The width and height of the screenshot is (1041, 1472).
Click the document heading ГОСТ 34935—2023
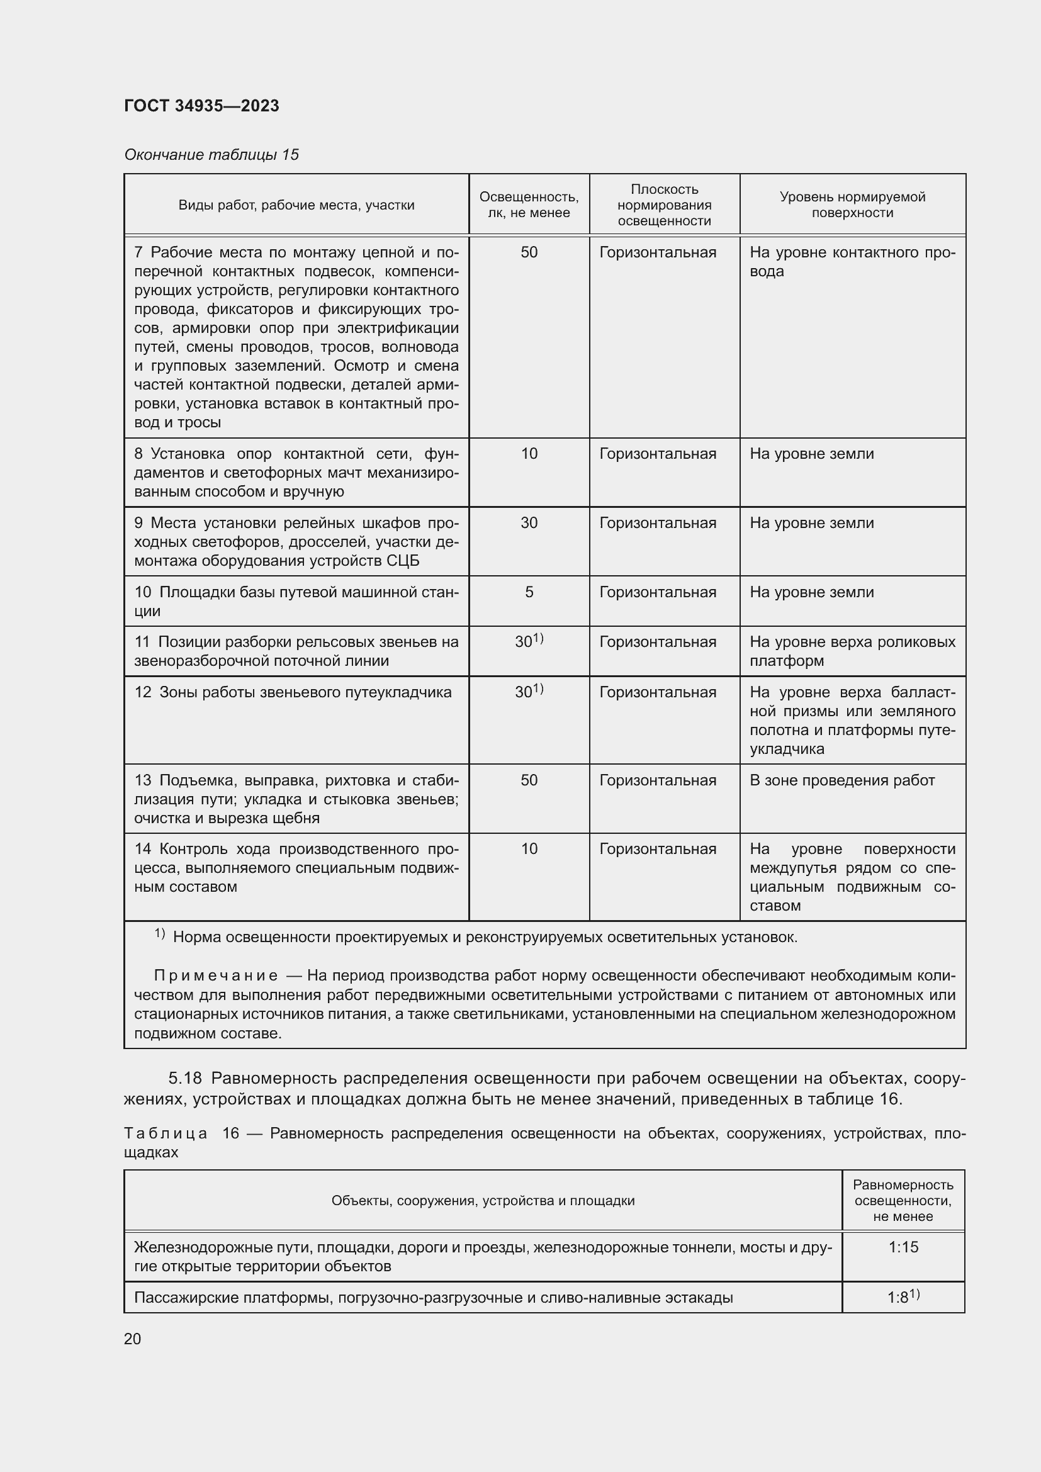tap(201, 106)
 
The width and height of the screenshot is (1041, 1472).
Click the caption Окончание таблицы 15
tap(211, 155)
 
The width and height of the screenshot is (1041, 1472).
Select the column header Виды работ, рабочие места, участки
tap(296, 205)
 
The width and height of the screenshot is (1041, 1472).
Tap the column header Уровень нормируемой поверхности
tap(852, 205)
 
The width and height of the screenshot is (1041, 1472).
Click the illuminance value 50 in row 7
tap(529, 252)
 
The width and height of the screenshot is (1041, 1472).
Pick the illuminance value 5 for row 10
tap(529, 592)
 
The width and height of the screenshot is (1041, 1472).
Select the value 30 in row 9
tap(529, 522)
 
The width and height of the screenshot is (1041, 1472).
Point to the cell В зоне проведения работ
tap(841, 780)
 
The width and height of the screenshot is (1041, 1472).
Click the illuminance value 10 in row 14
tap(529, 849)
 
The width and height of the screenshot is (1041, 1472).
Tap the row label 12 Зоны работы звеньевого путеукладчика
tap(293, 692)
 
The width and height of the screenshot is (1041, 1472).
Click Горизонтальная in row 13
tap(658, 780)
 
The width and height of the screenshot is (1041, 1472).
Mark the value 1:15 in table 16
tap(903, 1247)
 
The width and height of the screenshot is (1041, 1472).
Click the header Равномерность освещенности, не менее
tap(903, 1201)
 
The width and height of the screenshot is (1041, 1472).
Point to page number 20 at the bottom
tap(133, 1339)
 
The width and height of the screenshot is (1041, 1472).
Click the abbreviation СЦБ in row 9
tap(403, 560)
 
